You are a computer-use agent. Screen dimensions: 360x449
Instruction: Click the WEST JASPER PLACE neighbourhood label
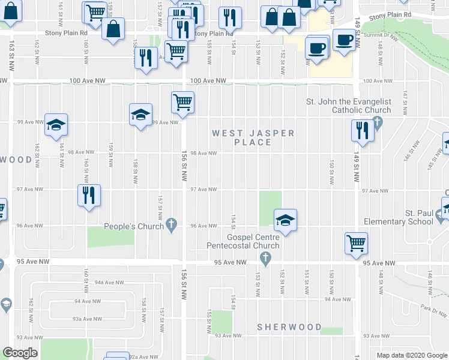tap(253, 137)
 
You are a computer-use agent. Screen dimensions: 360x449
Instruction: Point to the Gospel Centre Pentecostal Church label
tap(243, 241)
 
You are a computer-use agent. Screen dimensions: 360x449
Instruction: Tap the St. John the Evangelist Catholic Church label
tap(348, 106)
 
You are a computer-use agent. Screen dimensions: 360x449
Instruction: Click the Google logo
tap(19, 353)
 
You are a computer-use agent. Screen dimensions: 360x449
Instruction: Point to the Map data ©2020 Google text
tap(411, 355)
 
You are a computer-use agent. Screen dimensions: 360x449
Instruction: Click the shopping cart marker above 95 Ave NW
tap(357, 243)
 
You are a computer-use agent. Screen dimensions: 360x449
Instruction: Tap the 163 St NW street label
tap(11, 57)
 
